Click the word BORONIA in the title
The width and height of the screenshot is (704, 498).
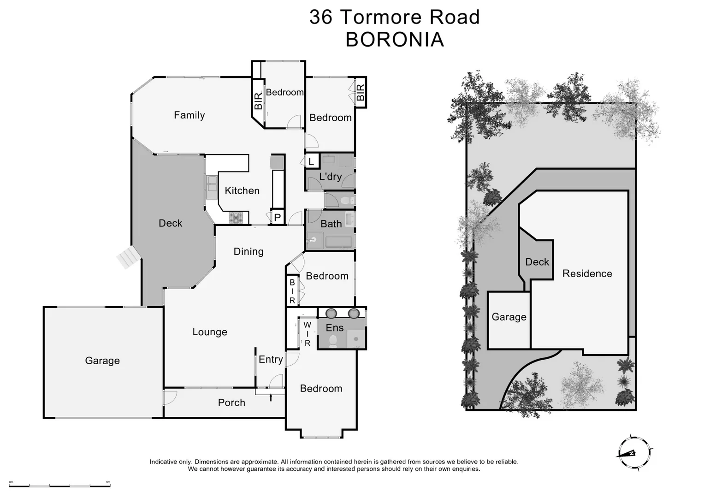(395, 40)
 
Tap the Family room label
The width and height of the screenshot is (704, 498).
(189, 115)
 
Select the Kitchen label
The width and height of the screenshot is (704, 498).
(242, 190)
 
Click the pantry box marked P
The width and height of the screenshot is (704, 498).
(278, 217)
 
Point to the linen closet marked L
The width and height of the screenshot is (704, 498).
(312, 161)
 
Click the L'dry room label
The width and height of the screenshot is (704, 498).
(330, 177)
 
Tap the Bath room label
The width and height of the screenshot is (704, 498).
(331, 224)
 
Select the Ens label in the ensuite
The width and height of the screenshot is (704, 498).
(335, 327)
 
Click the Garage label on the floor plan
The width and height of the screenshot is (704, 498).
(102, 361)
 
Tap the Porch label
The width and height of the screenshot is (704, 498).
(231, 403)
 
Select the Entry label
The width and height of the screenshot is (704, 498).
(271, 359)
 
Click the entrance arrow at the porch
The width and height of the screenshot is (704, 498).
(271, 397)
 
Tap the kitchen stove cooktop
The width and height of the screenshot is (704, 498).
(236, 218)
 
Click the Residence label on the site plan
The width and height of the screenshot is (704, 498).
(587, 273)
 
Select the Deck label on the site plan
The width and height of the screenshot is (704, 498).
(537, 262)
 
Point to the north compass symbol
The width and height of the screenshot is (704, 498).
(634, 452)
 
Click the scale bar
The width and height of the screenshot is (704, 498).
(60, 485)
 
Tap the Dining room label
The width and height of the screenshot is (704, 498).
(248, 251)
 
